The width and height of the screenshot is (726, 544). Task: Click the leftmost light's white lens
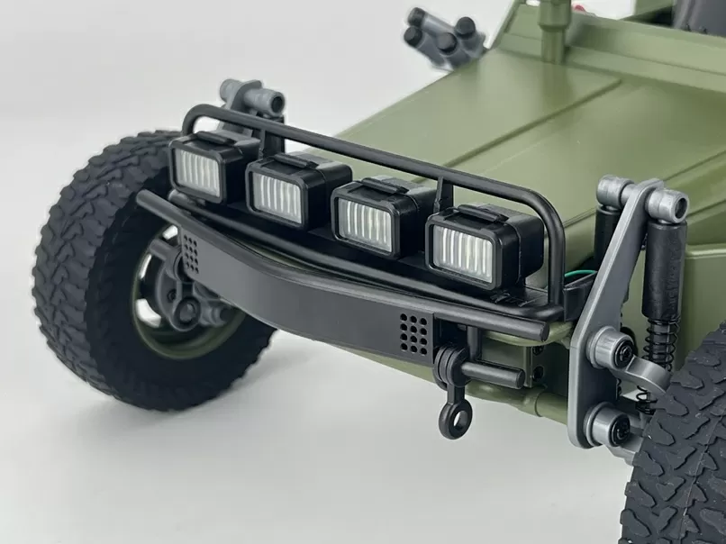[198, 173]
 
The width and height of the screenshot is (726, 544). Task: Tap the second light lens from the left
[277, 197]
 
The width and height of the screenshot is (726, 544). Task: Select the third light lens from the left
[365, 225]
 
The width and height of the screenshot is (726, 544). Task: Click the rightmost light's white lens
[463, 251]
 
